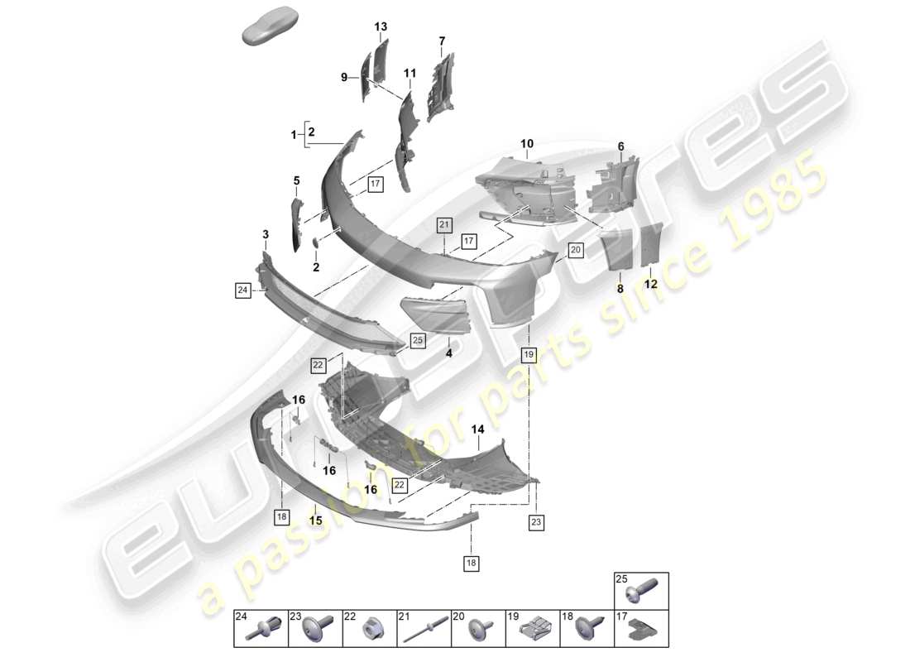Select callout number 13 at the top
[381, 27]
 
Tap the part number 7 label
[442, 41]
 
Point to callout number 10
[527, 145]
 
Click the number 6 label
[620, 146]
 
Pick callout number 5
[296, 180]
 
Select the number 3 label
[266, 235]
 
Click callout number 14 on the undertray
[477, 430]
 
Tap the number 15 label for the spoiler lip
[314, 520]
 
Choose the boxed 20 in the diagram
[576, 249]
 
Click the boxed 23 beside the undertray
[535, 522]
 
